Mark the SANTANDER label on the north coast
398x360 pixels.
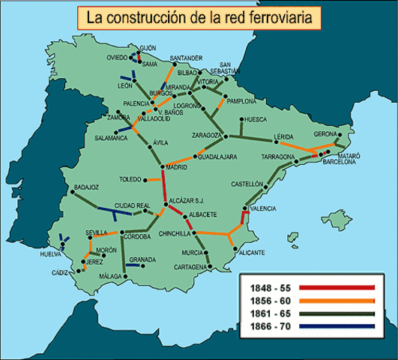coord(186,58)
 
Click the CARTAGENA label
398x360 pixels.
coord(188,267)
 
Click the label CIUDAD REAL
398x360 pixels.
coord(132,205)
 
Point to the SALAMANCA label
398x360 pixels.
coord(111,138)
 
